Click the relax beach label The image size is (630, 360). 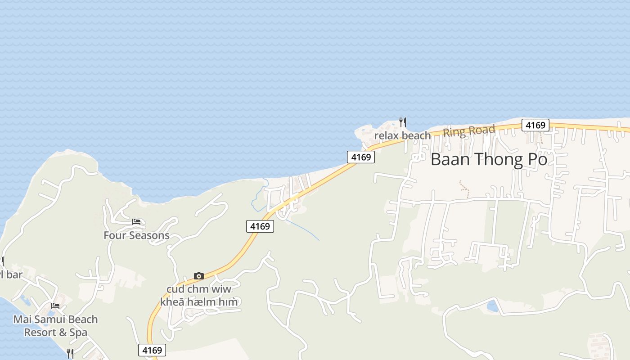(402, 135)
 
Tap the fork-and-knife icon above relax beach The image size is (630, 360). (403, 122)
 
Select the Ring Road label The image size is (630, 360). (469, 131)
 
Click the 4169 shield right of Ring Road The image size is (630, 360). (535, 125)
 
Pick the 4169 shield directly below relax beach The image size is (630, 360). (361, 157)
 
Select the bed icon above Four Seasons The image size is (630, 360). (136, 222)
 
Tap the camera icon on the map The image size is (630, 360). (198, 276)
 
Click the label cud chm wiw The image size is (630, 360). (198, 289)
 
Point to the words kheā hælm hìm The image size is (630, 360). (198, 301)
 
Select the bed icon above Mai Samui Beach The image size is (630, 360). (55, 306)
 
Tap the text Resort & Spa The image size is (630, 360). (55, 333)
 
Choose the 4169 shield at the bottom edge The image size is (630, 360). (152, 350)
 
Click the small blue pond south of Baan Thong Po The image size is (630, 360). (492, 306)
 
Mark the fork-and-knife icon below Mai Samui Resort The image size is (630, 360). (70, 353)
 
